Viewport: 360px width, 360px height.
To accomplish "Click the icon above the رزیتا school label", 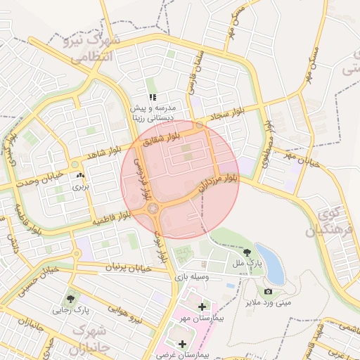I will coord(151,98).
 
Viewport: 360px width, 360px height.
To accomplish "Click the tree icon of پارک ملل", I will coord(247,252).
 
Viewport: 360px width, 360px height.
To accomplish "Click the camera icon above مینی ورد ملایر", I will coord(268,291).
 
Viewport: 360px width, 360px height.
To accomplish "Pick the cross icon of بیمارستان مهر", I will coord(202,307).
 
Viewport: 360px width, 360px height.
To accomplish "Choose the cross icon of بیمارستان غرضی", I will coord(183,344).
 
